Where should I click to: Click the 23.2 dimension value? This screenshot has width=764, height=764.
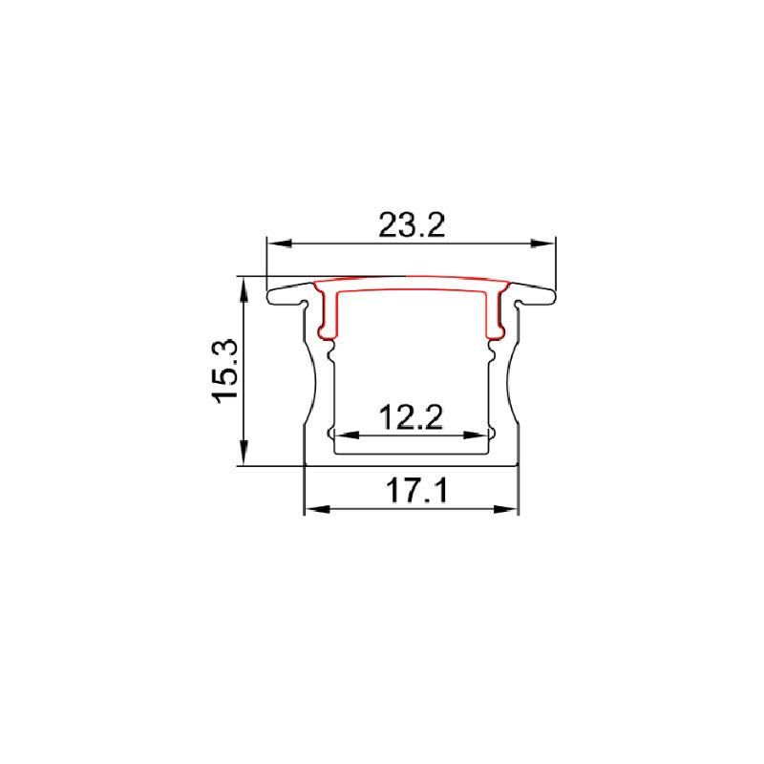412,225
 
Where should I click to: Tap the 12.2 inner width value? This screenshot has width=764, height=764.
412,417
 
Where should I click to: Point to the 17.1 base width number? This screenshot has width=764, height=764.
412,493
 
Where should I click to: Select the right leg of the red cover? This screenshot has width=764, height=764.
494,315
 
